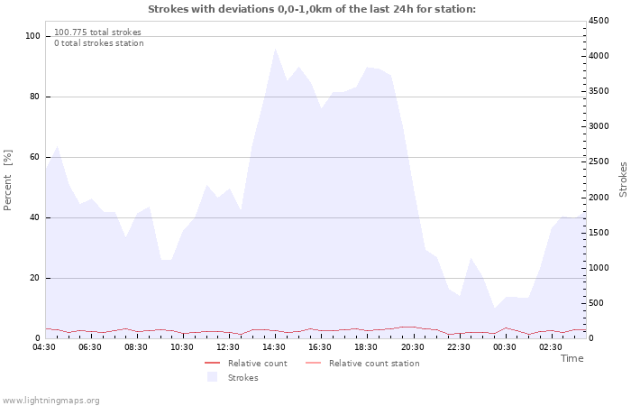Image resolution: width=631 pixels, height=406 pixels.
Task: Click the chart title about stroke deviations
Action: [x=312, y=9]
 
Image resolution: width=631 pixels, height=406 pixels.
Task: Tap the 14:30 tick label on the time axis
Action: [x=274, y=347]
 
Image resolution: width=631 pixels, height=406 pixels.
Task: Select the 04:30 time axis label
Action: [x=44, y=347]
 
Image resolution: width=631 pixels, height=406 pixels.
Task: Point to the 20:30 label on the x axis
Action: [x=413, y=347]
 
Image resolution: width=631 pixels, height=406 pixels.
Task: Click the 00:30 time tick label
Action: [x=505, y=347]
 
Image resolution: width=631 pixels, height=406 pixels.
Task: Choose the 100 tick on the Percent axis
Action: [x=32, y=36]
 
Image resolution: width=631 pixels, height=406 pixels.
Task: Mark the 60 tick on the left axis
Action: [x=34, y=157]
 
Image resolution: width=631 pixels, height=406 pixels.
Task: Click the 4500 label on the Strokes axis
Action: [x=599, y=21]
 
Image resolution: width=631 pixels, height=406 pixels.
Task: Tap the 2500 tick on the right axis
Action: [x=599, y=161]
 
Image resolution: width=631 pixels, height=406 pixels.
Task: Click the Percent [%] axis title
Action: [x=7, y=180]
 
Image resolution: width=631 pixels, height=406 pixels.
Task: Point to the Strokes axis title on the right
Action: [x=623, y=180]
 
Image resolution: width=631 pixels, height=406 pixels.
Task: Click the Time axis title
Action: [x=572, y=358]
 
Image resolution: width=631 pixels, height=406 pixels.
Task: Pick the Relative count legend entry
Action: [x=246, y=364]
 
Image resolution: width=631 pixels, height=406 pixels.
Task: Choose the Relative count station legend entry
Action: [x=362, y=364]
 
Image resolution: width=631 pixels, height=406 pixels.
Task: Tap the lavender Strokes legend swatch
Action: [x=212, y=377]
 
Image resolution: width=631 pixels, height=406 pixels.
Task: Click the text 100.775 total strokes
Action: [x=97, y=32]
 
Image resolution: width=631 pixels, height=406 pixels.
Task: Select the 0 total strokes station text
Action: [x=99, y=43]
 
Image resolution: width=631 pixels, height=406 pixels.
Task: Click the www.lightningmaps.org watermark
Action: [x=50, y=401]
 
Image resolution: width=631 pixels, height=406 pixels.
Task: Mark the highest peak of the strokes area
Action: [x=275, y=49]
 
